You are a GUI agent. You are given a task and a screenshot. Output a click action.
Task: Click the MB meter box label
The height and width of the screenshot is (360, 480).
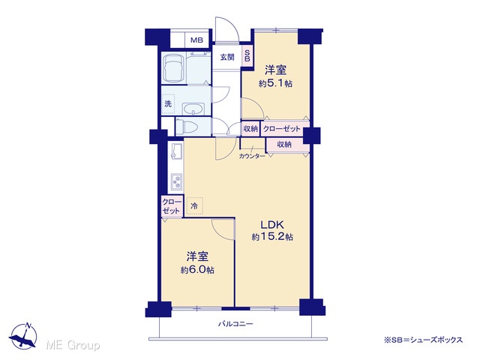196,40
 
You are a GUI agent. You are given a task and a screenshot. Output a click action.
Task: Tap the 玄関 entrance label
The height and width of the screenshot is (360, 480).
227,57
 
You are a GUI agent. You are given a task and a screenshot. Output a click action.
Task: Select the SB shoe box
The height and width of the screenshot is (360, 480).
247,56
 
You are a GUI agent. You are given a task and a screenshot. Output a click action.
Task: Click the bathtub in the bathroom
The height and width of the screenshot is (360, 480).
173,68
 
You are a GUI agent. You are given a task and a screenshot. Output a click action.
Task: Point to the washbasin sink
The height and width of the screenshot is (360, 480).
193,109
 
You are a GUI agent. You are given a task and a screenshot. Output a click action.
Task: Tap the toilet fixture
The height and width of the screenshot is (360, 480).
187,127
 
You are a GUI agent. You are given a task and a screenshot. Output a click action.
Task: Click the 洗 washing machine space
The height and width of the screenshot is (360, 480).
168,104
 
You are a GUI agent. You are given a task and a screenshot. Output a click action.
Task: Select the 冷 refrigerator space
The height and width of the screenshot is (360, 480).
194,206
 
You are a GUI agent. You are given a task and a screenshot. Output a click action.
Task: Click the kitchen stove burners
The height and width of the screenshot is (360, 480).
177,182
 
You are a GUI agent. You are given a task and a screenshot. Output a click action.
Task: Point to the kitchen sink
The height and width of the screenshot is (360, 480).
177,151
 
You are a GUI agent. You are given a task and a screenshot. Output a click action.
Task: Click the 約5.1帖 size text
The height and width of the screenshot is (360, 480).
275,83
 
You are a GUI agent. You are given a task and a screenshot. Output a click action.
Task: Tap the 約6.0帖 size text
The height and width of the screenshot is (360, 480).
197,270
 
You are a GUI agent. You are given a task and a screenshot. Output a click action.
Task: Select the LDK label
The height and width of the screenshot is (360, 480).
272,225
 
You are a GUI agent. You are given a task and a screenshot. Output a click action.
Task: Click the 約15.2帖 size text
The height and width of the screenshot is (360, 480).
272,237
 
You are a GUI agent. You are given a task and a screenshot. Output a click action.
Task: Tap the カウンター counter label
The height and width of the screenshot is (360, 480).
252,156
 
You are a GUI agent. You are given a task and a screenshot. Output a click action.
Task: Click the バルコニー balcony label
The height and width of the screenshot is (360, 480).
235,323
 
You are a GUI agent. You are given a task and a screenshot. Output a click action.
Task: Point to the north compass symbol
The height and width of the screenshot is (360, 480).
23,335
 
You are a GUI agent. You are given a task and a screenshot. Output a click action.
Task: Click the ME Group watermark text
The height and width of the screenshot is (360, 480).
73,345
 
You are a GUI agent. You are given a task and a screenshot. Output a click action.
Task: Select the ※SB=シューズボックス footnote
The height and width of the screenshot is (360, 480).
423,340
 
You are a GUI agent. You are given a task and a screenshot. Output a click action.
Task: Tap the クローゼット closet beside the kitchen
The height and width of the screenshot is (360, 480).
172,207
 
